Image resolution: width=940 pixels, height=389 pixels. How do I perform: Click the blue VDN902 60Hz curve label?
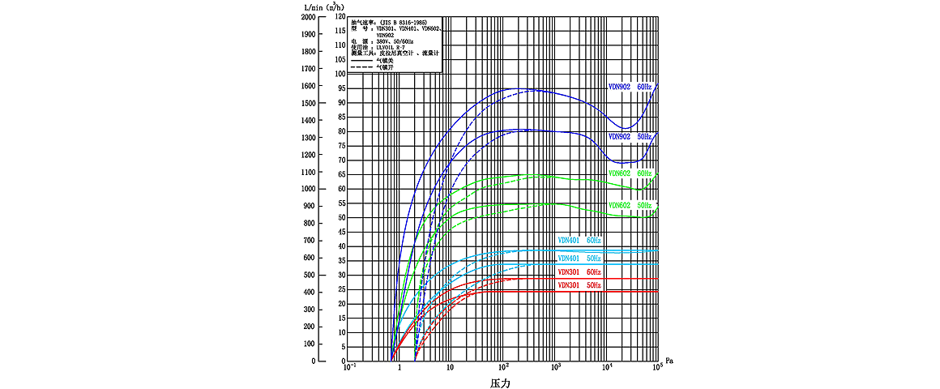[x=630, y=86]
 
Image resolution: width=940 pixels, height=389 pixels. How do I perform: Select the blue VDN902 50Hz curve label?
[x=630, y=137]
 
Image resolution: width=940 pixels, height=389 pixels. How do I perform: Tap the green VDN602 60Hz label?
[x=630, y=173]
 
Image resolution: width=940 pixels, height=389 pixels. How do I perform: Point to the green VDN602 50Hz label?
[x=630, y=205]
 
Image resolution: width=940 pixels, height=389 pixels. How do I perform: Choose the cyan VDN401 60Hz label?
[x=579, y=241]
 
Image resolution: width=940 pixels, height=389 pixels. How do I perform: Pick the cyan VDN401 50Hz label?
[x=579, y=258]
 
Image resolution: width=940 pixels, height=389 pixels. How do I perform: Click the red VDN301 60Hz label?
[x=579, y=271]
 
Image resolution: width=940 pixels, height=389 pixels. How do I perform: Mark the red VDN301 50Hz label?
[x=579, y=285]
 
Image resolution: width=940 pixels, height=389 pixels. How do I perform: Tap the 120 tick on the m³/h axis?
[x=340, y=17]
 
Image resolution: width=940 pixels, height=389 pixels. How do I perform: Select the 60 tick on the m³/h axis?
[x=341, y=189]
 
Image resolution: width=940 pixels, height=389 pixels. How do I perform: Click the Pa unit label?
[x=669, y=358]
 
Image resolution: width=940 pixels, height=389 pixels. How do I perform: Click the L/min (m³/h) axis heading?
[x=320, y=6]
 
